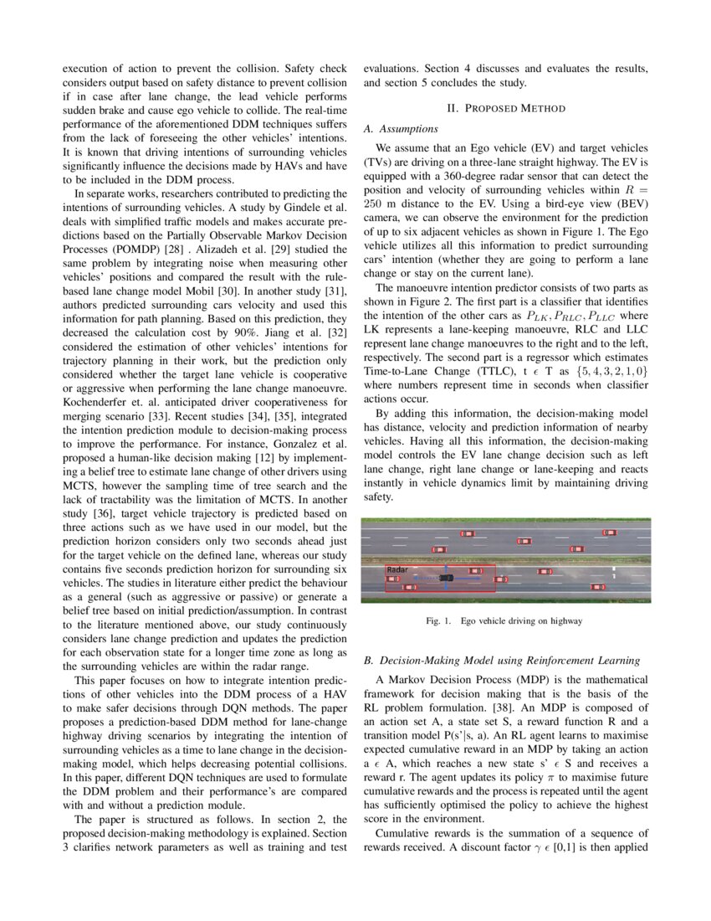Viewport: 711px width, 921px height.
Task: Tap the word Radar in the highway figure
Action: pyautogui.click(x=396, y=569)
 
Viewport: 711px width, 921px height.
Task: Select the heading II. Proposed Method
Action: pyautogui.click(x=506, y=108)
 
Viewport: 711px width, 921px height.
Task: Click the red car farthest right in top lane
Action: pyautogui.click(x=611, y=532)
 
